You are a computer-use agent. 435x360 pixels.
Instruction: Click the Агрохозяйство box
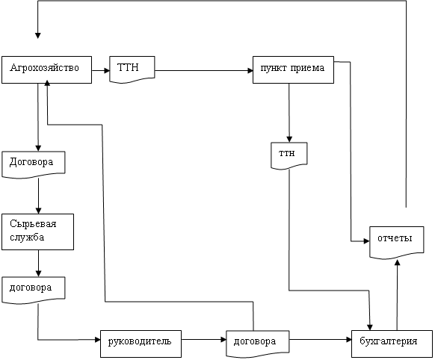tap(46, 69)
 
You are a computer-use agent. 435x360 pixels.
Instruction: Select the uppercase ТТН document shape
tap(132, 69)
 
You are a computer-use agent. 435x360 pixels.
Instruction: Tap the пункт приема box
tap(293, 69)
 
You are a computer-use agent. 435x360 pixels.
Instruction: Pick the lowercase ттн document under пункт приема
tap(289, 155)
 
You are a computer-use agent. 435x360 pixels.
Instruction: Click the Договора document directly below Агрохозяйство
tap(34, 164)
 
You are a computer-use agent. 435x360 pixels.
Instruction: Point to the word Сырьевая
tap(33, 223)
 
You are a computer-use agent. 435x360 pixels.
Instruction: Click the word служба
tap(27, 238)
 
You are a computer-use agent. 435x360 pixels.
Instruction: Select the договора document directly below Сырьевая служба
tap(34, 290)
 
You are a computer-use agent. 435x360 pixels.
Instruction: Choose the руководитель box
tap(141, 344)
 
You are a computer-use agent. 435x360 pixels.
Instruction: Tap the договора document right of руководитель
tap(258, 344)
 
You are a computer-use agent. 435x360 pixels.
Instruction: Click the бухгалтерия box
tap(392, 344)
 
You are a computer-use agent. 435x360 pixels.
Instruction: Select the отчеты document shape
tap(397, 243)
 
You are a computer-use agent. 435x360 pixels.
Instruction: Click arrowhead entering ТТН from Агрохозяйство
tap(107, 70)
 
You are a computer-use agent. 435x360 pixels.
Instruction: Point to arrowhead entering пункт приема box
tap(250, 71)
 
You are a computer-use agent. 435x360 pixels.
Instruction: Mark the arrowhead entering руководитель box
tap(98, 340)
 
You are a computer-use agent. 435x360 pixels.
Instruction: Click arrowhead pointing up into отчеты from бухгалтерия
tap(398, 262)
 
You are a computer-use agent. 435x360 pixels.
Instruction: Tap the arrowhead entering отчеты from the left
tap(367, 241)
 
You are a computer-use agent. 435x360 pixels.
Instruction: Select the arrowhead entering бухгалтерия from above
tap(370, 327)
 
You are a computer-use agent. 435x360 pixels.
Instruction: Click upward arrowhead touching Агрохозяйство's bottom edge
tap(47, 83)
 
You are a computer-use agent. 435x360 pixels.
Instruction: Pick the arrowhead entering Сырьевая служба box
tap(39, 211)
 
